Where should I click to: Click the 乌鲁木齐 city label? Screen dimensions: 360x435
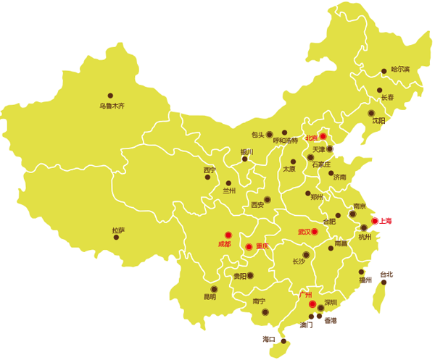point(112,106)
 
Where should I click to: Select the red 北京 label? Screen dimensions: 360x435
point(312,137)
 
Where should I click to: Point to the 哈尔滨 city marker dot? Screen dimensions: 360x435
point(384,72)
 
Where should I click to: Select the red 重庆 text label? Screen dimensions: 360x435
point(262,246)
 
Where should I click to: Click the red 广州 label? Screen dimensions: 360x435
point(304,296)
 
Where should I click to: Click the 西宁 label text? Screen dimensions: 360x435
point(210,171)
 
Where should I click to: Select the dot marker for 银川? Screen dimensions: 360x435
point(245,159)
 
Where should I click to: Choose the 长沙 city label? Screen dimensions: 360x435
point(299,261)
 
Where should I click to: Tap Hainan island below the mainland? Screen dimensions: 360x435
point(277,349)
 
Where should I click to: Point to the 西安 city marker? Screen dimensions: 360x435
point(268,199)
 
